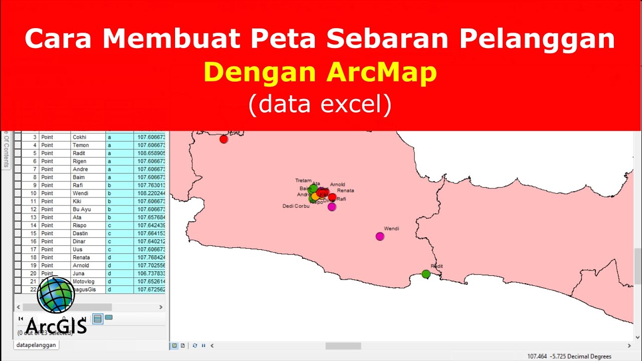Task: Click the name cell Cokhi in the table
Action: click(x=80, y=137)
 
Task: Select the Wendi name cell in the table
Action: click(x=80, y=194)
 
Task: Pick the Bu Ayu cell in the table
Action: click(x=82, y=210)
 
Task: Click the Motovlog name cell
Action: click(x=83, y=282)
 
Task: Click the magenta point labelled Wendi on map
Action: click(x=380, y=236)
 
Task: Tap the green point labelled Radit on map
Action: click(x=426, y=274)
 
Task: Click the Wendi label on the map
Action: click(x=391, y=229)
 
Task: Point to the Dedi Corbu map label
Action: click(x=296, y=206)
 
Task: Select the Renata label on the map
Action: click(x=346, y=191)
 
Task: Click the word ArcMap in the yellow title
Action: click(x=382, y=73)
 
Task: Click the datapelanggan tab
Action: click(x=36, y=345)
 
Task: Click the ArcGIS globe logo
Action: click(x=56, y=295)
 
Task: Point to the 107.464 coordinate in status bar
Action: click(x=536, y=356)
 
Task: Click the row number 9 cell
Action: click(x=34, y=186)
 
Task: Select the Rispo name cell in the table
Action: click(x=80, y=226)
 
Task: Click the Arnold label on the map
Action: click(x=338, y=185)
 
